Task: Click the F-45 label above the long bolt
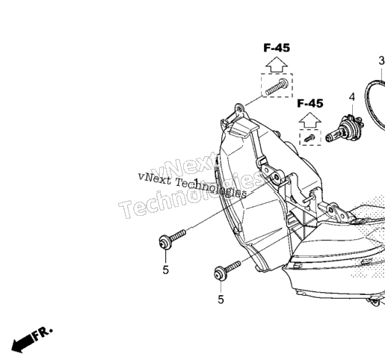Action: [277, 48]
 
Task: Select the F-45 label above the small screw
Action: [310, 103]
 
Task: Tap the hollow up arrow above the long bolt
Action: [277, 65]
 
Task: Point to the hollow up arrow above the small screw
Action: [310, 120]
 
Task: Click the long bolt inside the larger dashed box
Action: [277, 87]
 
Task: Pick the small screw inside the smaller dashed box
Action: [309, 137]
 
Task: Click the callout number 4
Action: [352, 97]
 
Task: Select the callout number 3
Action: [382, 60]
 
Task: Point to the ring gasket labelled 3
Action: [366, 105]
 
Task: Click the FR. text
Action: [43, 333]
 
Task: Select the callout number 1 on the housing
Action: [197, 181]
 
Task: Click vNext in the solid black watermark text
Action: [155, 178]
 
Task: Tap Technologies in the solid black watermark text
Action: [212, 187]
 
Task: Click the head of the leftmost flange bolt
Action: [165, 242]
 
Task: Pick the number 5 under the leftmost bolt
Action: [166, 270]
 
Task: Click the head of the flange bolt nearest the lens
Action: [221, 273]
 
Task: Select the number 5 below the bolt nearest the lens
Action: [221, 300]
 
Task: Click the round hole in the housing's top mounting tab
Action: [240, 109]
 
